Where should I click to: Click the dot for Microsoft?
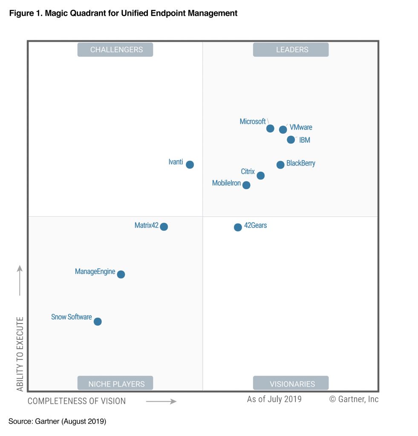270,129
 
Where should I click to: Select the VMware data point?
283,129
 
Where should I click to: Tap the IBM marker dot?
291,140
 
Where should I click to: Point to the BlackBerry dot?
280,165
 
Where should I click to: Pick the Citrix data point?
261,175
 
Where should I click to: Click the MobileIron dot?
246,185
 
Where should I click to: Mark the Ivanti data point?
190,164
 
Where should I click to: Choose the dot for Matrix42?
164,227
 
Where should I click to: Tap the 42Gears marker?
238,227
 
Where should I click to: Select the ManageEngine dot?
121,274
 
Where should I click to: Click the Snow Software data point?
98,321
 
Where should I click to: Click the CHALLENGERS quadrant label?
115,50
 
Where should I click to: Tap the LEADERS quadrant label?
291,50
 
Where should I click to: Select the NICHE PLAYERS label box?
115,384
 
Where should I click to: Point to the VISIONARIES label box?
291,384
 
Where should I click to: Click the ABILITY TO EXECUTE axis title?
20,353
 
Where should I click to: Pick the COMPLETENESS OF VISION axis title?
77,401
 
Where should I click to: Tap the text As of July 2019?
274,399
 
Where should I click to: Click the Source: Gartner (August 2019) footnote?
57,422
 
